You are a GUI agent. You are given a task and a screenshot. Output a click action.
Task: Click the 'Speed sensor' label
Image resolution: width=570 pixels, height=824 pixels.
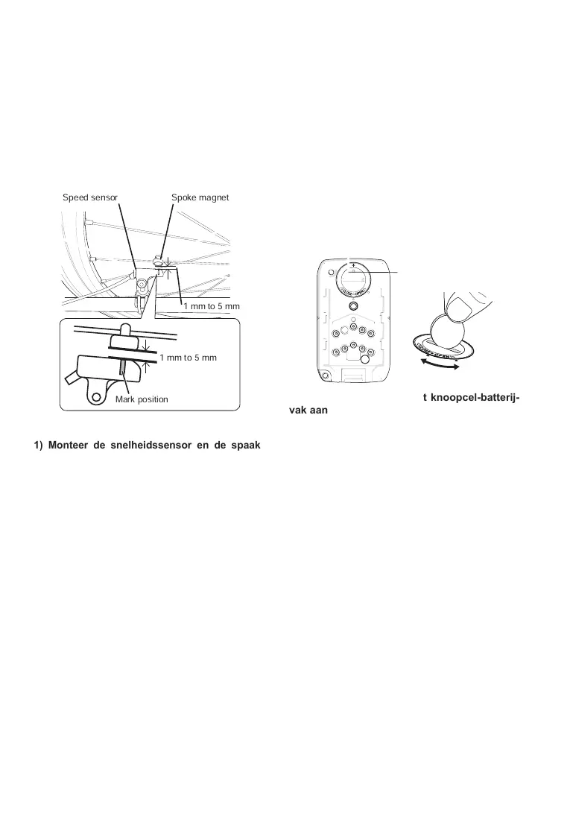click(90, 197)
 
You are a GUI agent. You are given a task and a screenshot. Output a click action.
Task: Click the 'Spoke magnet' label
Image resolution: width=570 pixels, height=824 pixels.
click(200, 197)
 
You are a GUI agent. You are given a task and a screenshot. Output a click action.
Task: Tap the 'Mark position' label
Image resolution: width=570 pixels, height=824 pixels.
click(142, 399)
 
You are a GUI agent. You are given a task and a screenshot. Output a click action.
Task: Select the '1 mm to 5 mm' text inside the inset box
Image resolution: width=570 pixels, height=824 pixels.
click(188, 358)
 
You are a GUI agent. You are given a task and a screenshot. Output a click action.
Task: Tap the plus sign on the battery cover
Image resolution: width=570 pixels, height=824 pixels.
click(353, 264)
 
